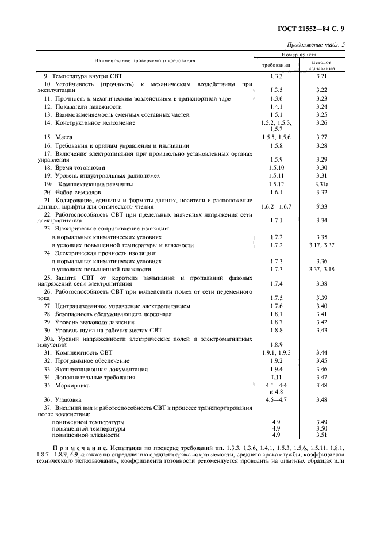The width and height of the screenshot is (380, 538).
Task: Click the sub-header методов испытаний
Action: point(321,64)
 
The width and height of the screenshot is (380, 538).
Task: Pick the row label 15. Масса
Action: point(57,137)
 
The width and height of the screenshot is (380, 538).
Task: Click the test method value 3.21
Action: point(321,76)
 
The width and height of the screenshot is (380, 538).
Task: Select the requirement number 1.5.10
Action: point(276,167)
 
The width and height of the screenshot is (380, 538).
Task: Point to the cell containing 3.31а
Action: point(321,184)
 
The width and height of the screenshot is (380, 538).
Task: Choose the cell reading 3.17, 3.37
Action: point(321,245)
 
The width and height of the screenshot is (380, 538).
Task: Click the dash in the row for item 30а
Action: point(321,344)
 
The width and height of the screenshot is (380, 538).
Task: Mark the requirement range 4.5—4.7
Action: point(276,399)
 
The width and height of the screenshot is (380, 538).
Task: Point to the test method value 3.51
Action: point(321,435)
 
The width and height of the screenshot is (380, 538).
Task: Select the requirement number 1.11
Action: point(276,377)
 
